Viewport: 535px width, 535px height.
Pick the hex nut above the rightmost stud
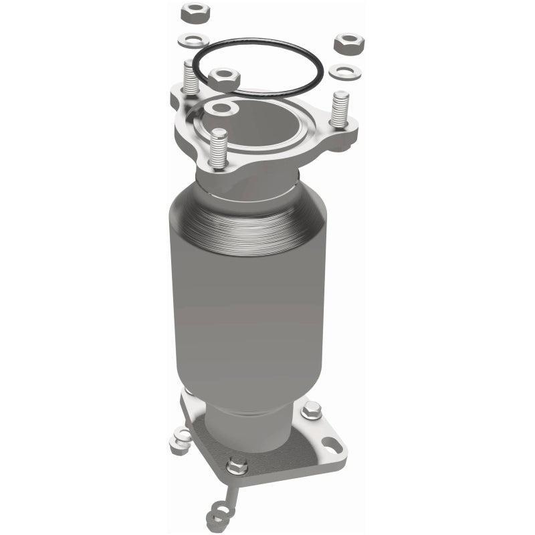click(348, 44)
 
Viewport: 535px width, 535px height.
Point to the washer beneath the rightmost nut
click(345, 70)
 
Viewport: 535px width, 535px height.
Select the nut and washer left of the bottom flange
click(180, 438)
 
